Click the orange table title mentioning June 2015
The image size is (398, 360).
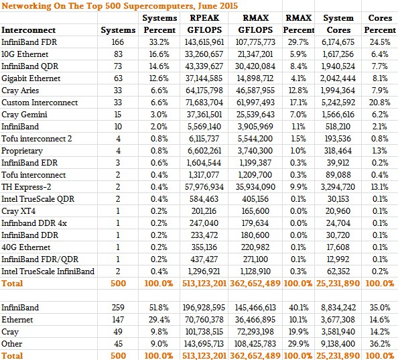[119, 5]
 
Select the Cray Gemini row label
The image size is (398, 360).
[24, 115]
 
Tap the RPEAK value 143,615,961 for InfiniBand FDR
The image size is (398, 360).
[204, 42]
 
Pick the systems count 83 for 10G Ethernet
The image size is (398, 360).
[118, 54]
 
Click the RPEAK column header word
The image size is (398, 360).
[204, 18]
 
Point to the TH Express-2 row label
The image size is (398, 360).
[26, 187]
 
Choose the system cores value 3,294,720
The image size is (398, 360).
[338, 187]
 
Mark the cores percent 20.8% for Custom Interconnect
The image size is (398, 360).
[380, 103]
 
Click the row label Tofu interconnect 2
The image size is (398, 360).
[37, 139]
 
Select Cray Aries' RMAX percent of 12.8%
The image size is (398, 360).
[299, 91]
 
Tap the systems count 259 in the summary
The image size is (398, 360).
[118, 308]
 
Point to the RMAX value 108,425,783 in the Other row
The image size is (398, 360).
[255, 344]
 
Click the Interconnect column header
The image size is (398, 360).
[28, 30]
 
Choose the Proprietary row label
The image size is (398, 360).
[22, 151]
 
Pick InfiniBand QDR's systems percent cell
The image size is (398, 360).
[159, 66]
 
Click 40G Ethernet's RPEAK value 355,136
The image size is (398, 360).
[204, 247]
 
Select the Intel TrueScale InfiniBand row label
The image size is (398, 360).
[48, 272]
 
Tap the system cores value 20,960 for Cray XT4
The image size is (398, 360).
[338, 211]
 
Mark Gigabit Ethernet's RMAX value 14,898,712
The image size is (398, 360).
[255, 78]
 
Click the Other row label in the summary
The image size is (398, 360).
[11, 344]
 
